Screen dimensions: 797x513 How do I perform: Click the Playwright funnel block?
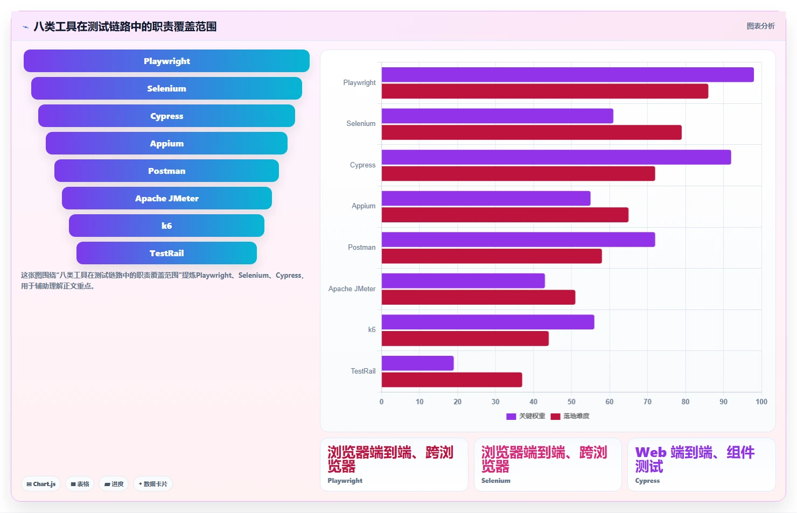point(166,61)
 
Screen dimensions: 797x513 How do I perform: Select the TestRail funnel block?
point(166,253)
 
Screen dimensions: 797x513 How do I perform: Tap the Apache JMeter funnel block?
point(167,198)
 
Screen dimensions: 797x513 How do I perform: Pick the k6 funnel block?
point(166,226)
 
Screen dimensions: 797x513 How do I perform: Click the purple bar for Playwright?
point(568,75)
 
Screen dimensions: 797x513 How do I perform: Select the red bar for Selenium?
point(532,132)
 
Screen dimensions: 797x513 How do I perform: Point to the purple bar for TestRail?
point(418,363)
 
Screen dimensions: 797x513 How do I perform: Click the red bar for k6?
point(465,339)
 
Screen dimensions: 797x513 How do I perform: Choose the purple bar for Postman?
point(519,240)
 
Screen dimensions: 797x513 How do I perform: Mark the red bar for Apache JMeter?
point(479,298)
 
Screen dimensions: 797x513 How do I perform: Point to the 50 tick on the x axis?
point(571,402)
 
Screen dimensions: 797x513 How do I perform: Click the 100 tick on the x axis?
point(761,402)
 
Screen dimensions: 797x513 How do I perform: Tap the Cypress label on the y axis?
point(362,165)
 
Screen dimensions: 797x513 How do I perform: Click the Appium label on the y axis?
point(363,206)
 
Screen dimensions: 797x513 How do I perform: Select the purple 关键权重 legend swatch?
point(511,416)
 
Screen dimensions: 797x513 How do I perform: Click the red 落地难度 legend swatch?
point(555,416)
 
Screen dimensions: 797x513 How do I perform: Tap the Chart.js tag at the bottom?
point(41,484)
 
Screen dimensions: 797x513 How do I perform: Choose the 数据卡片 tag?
point(153,484)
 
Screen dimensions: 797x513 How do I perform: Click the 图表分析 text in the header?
point(760,26)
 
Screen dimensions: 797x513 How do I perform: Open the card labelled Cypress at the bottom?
point(701,464)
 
